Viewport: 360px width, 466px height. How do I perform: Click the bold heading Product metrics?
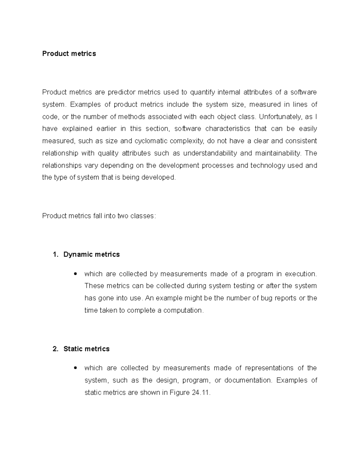(69, 54)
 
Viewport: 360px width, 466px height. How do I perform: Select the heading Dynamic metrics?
(91, 254)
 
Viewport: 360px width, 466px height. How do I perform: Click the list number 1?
(55, 254)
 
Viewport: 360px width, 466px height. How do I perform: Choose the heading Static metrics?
(86, 349)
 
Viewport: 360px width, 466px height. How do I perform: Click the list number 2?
(55, 349)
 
